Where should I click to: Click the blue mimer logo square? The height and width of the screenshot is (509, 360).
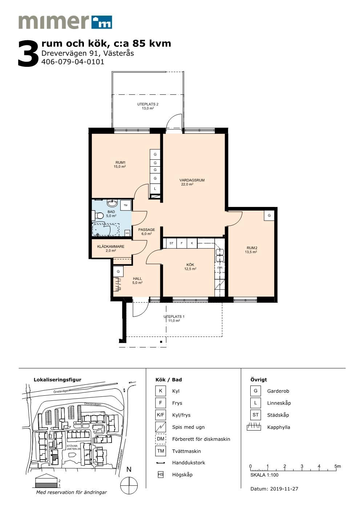coord(101,22)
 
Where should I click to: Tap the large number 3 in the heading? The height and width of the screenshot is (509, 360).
coord(28,54)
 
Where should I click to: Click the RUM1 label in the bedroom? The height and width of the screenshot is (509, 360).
coord(120,163)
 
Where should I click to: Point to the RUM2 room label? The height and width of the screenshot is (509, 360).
coord(252,248)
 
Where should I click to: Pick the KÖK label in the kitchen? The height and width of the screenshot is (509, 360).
coord(190,265)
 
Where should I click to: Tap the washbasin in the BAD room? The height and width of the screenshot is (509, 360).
coord(112,203)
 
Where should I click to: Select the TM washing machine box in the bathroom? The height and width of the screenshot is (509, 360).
coord(126,205)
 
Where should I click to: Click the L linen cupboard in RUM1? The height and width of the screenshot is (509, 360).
coord(155,188)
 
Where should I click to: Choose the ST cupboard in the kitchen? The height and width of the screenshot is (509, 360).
coord(171,243)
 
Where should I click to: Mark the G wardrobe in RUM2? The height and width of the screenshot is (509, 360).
coord(269,215)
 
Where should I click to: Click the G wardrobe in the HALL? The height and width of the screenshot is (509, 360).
coord(118,271)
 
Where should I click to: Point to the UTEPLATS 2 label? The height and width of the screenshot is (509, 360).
coord(148,104)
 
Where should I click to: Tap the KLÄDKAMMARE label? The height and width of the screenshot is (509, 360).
coord(111,247)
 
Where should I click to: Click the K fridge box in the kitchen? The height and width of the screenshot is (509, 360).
coord(192,243)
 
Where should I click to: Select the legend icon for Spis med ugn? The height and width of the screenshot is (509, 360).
coord(161,427)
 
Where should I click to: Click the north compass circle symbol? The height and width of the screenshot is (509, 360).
coord(129,485)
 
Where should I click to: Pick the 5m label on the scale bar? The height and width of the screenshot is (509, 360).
coord(338,466)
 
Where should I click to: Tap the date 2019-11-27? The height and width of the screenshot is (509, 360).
coord(284,489)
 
